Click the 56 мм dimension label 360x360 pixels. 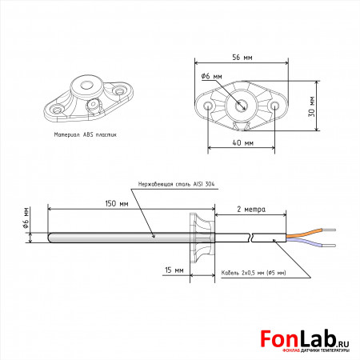[x=242, y=58]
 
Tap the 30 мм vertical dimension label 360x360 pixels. [x=311, y=106]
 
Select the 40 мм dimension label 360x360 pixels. [x=242, y=142]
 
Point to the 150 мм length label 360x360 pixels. [x=117, y=204]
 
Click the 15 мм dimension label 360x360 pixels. [x=174, y=270]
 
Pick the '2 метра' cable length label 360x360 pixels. [x=251, y=210]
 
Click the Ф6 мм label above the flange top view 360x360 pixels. [x=211, y=76]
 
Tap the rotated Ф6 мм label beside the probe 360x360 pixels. [x=26, y=218]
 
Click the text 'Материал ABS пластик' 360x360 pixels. [x=86, y=134]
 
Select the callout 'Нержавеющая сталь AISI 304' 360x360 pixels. [x=176, y=184]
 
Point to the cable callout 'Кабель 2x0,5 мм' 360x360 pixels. [x=254, y=273]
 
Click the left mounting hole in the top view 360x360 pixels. [x=208, y=106]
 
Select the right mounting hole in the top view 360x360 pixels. [x=274, y=106]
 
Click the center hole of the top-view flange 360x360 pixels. [x=241, y=106]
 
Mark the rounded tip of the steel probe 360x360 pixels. [x=50, y=238]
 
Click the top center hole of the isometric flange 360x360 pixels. [x=86, y=86]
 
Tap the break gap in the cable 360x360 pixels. [x=252, y=238]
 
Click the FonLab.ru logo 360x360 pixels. [x=305, y=342]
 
